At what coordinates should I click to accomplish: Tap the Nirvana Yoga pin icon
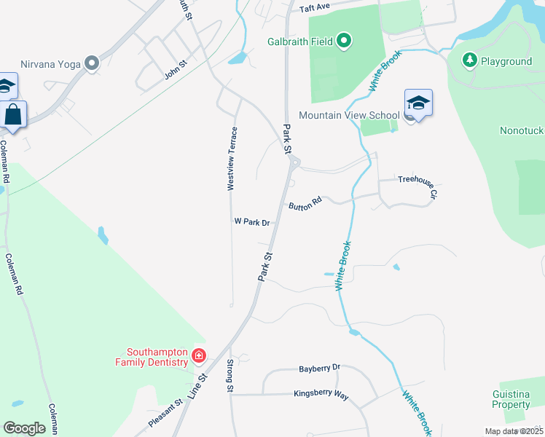pyautogui.click(x=92, y=64)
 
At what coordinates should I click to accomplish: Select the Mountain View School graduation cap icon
pyautogui.click(x=418, y=103)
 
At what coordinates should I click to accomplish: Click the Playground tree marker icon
pyautogui.click(x=471, y=60)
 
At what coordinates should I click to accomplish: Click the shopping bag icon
pyautogui.click(x=13, y=114)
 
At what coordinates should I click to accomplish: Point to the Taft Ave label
pyautogui.click(x=315, y=8)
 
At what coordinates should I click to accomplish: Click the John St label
pyautogui.click(x=176, y=71)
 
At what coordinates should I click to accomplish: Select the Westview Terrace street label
pyautogui.click(x=232, y=159)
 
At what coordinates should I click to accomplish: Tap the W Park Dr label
pyautogui.click(x=252, y=221)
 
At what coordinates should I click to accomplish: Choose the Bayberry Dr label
pyautogui.click(x=319, y=369)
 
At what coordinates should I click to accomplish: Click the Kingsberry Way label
pyautogui.click(x=321, y=395)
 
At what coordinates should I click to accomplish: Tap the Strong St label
pyautogui.click(x=230, y=376)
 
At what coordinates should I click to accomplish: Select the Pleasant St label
pyautogui.click(x=165, y=414)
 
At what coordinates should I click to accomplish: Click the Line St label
pyautogui.click(x=197, y=386)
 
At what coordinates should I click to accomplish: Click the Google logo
pyautogui.click(x=25, y=428)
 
